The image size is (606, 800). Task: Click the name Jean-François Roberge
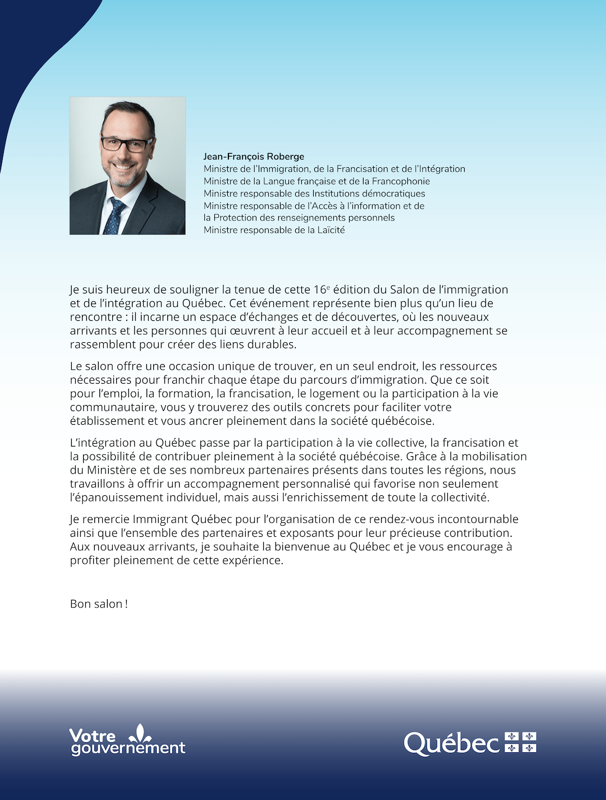tap(254, 157)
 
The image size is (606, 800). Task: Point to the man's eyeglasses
tap(127, 144)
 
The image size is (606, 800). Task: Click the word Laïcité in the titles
tap(330, 230)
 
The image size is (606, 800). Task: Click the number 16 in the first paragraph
tap(320, 290)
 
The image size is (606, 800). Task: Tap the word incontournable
tap(478, 519)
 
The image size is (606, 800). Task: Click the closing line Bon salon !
tap(99, 604)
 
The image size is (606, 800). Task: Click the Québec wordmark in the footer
tap(451, 744)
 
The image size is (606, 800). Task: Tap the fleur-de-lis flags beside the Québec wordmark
tap(521, 742)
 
